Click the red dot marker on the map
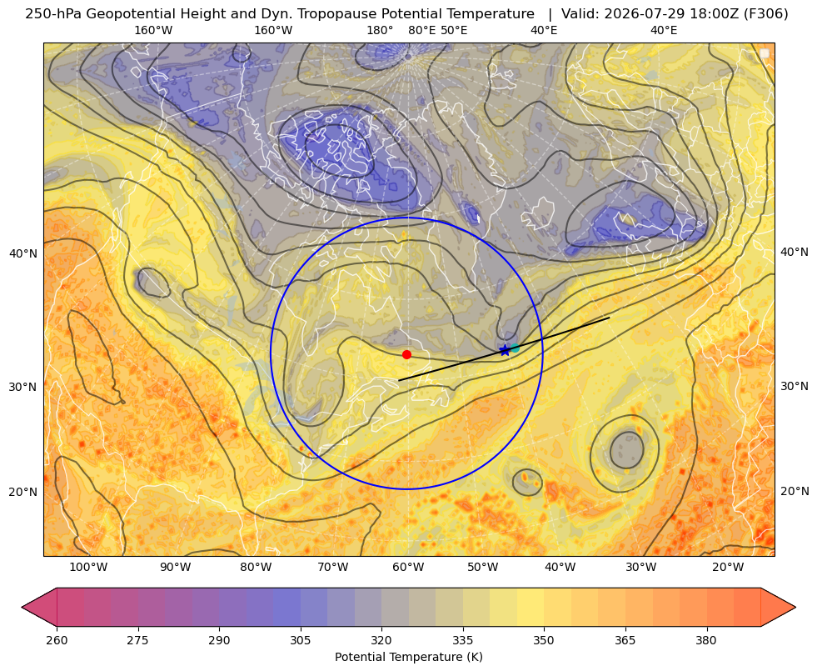tap(407, 354)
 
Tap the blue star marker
tap(505, 350)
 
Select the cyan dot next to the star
tap(516, 348)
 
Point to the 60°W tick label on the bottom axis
tap(408, 568)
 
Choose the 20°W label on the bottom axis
tap(728, 568)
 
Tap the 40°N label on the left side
tap(23, 253)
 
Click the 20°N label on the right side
tap(795, 491)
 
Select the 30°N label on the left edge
tap(23, 387)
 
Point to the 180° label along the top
tap(380, 30)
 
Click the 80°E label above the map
tap(422, 30)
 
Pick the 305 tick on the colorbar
tap(300, 640)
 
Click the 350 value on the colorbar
tap(544, 640)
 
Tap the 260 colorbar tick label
tap(57, 640)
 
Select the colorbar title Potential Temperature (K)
tap(408, 657)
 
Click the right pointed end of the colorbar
tap(795, 607)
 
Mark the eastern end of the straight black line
tap(609, 318)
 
